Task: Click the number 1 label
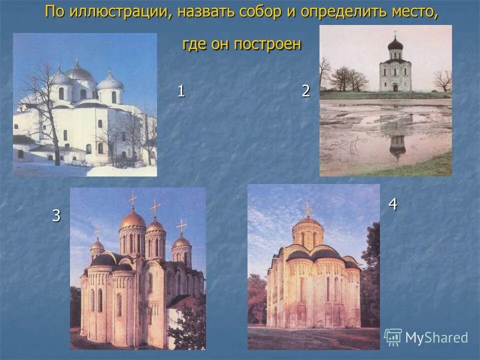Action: click(x=181, y=91)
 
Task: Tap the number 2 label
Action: click(x=306, y=91)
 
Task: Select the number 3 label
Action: click(x=56, y=215)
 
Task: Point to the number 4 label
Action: click(x=393, y=204)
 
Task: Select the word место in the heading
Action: click(x=413, y=12)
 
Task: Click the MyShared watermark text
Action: click(x=436, y=337)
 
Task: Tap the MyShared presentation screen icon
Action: click(x=392, y=337)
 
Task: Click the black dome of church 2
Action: click(x=395, y=44)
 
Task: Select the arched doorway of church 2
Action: click(x=395, y=87)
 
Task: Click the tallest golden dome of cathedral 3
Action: click(x=133, y=219)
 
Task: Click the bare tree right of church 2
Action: click(x=442, y=79)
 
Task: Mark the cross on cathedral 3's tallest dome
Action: click(x=132, y=199)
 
